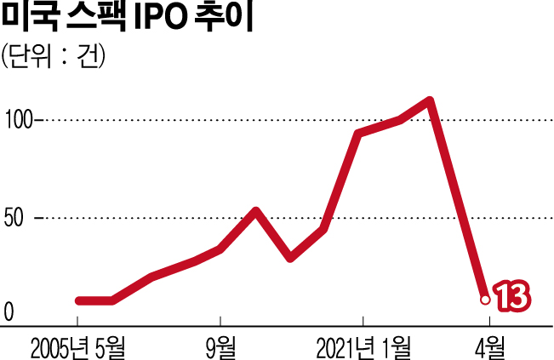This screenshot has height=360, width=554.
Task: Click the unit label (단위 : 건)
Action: (52, 57)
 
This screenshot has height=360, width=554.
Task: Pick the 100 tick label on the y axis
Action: (18, 120)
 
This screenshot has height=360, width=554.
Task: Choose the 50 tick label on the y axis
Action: (14, 219)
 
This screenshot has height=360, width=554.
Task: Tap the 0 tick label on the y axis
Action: (9, 313)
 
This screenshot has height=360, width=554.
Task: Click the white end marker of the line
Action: (485, 299)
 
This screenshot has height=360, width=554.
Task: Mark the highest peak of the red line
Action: (431, 101)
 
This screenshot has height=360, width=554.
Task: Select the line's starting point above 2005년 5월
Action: (78, 300)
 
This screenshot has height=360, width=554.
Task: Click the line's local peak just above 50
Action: (256, 210)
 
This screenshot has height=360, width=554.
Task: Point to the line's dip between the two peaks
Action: (291, 256)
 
